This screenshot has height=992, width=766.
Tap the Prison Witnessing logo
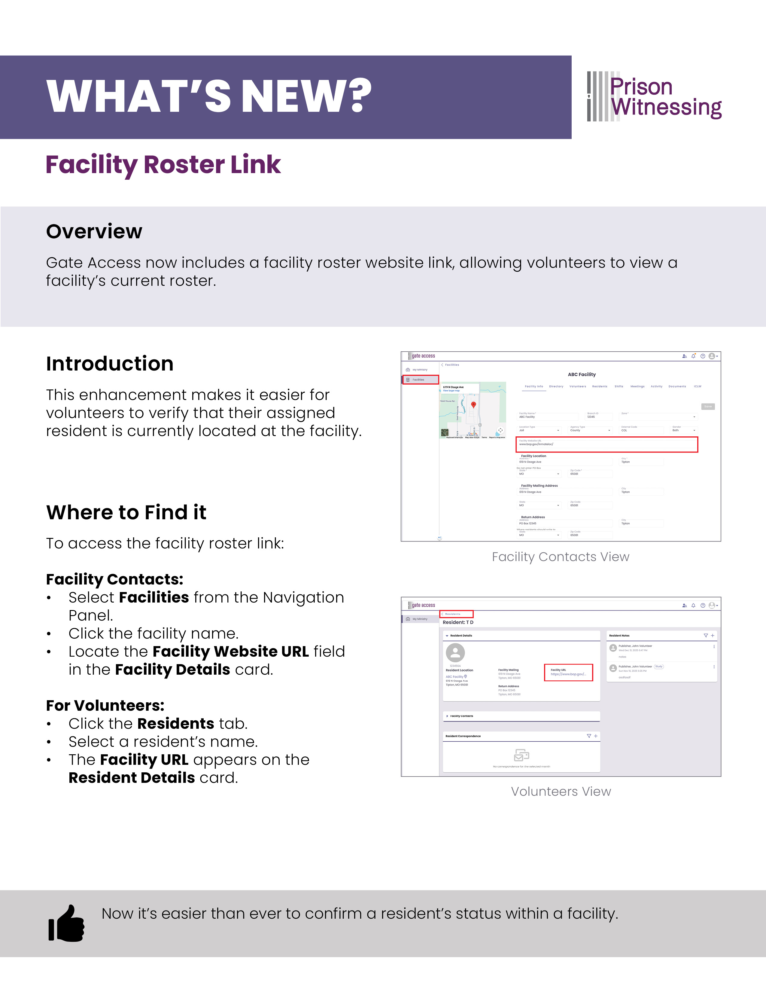coord(654,96)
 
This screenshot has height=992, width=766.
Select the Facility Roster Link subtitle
coord(163,164)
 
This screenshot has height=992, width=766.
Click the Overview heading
coord(94,231)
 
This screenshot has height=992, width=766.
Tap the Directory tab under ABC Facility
coord(556,386)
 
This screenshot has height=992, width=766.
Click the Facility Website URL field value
coord(536,444)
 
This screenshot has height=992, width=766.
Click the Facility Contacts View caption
coord(560,557)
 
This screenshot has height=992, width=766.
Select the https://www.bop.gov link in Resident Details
coord(568,674)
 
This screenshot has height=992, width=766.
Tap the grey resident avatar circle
coord(455,653)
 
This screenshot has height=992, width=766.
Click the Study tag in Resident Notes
coord(658,666)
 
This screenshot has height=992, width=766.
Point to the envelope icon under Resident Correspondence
coord(521,755)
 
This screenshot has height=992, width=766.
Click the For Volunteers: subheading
coord(105,705)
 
